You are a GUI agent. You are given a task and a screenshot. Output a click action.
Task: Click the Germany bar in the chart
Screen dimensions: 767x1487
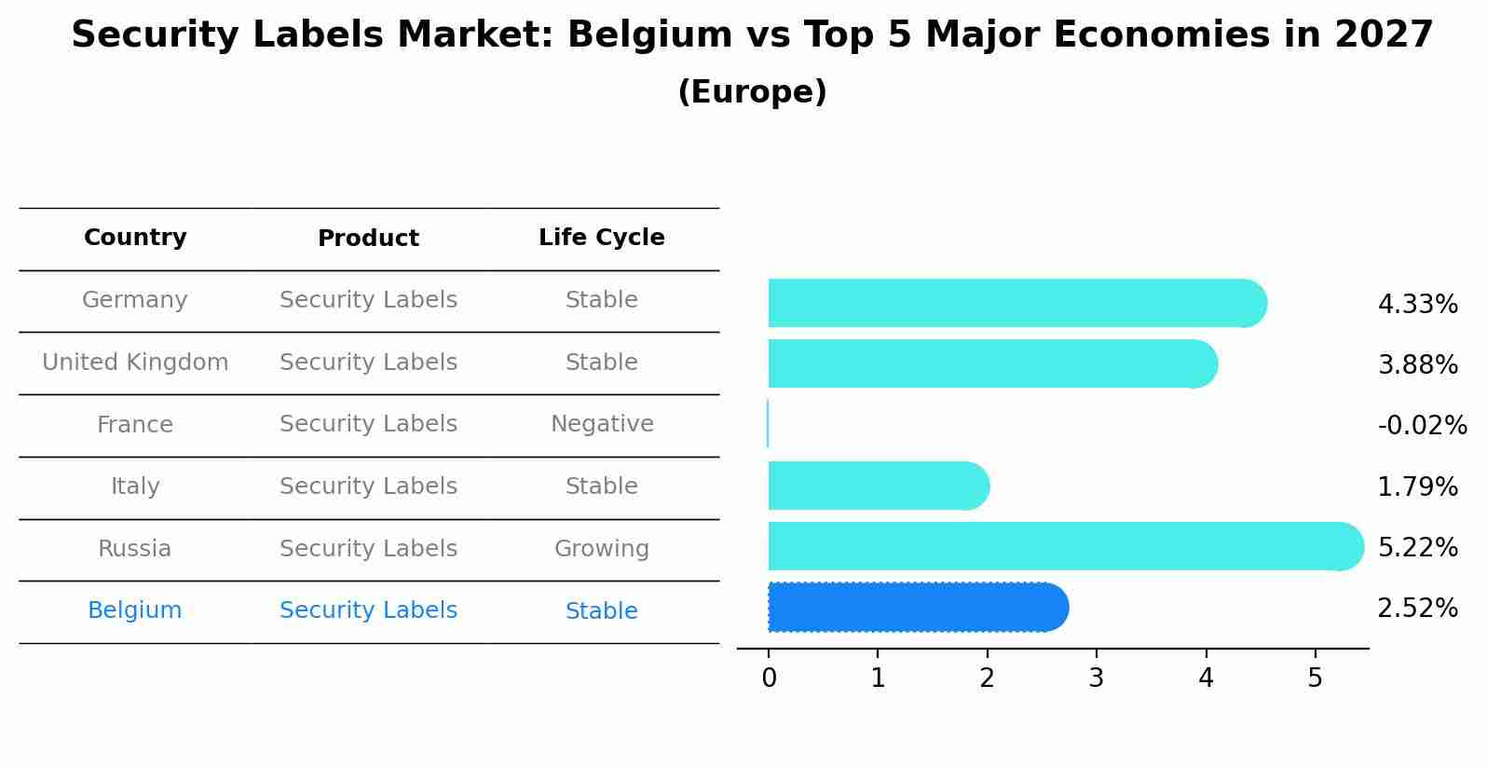(x=1016, y=303)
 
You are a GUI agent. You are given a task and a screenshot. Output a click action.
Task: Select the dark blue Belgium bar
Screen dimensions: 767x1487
(x=918, y=608)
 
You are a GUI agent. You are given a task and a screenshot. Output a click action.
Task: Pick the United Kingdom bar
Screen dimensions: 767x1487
(x=992, y=363)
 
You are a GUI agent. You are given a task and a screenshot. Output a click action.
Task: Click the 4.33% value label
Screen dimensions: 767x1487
(x=1417, y=305)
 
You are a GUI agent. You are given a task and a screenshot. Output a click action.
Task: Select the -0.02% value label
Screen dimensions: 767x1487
(x=1422, y=426)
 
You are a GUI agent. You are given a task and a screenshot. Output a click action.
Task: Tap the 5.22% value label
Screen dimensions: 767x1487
(x=1417, y=548)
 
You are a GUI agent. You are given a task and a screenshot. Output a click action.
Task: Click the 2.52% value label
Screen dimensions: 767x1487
(x=1417, y=609)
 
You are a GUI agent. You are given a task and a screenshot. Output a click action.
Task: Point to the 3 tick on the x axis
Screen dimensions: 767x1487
(x=1097, y=678)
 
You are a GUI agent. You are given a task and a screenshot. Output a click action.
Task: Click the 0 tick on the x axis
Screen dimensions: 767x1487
(x=769, y=678)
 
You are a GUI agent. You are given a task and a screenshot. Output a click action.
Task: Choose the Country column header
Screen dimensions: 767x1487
(x=135, y=238)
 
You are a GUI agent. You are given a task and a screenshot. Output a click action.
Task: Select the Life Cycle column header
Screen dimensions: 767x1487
(x=601, y=238)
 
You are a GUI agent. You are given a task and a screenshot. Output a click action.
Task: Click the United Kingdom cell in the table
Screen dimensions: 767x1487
(x=135, y=363)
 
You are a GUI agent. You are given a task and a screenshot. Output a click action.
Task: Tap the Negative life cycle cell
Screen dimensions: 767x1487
(x=602, y=424)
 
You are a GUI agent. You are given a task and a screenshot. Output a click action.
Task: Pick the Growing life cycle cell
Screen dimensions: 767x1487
(x=602, y=549)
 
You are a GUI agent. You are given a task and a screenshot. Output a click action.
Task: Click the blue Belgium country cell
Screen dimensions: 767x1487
(x=135, y=610)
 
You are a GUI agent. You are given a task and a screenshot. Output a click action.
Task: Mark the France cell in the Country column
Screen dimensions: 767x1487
(x=135, y=425)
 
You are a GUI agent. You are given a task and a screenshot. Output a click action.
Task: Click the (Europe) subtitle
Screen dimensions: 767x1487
(x=752, y=92)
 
